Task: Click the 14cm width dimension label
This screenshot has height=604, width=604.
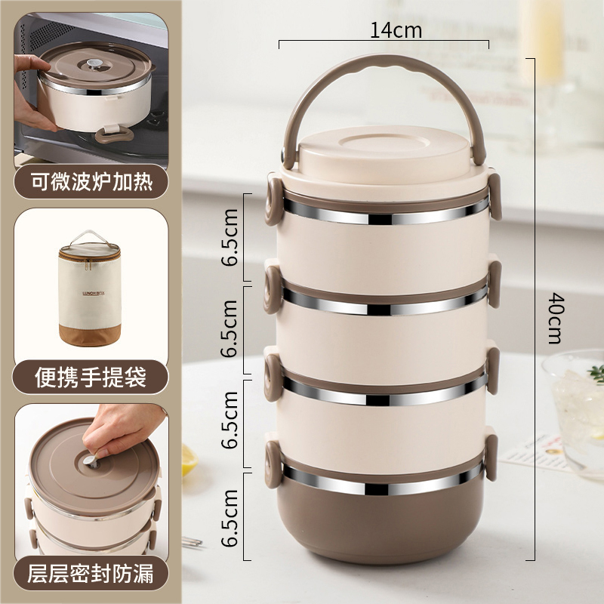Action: point(396,30)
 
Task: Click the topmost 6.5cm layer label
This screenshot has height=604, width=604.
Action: point(230,237)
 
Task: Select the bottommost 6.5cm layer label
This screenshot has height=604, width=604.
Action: point(230,518)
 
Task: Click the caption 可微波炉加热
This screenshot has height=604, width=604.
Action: point(91,182)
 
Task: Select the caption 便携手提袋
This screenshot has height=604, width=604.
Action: point(91,377)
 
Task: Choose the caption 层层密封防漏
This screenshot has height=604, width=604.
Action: point(91,574)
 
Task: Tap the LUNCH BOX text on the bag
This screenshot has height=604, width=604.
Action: point(94,294)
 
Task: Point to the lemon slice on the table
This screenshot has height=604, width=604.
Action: point(190,461)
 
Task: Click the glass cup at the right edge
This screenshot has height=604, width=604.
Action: point(575,408)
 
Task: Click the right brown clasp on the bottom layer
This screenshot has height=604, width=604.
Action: point(491,458)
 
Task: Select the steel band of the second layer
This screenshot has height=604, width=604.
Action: point(384,304)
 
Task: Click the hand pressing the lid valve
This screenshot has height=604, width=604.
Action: point(122,431)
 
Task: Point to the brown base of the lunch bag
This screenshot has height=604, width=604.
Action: point(90,334)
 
